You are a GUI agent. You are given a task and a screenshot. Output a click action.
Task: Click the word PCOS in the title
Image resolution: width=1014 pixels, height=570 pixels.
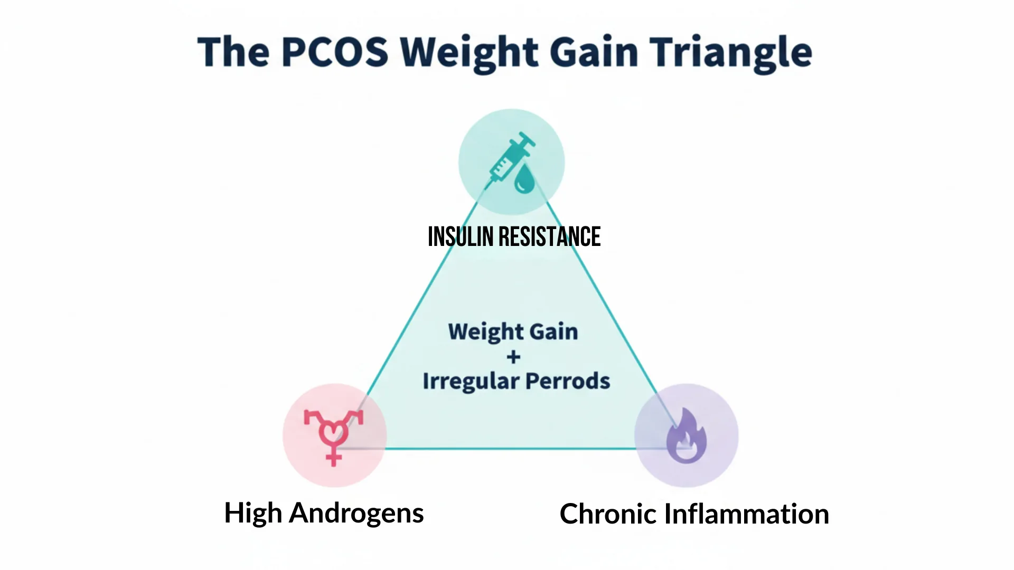pyautogui.click(x=335, y=52)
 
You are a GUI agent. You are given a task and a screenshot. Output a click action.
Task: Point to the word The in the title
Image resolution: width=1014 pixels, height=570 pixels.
pyautogui.click(x=233, y=52)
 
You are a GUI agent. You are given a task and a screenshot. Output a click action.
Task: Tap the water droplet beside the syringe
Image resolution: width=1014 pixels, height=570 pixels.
pyautogui.click(x=524, y=179)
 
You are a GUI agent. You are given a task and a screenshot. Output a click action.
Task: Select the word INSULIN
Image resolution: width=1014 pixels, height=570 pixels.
pyautogui.click(x=460, y=237)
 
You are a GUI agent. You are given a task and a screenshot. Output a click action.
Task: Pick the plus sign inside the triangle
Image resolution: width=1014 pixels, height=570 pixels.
pyautogui.click(x=513, y=357)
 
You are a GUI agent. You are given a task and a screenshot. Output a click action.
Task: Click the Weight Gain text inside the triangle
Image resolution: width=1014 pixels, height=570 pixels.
pyautogui.click(x=513, y=332)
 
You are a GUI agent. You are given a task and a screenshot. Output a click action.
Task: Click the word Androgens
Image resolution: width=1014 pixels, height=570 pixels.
pyautogui.click(x=356, y=513)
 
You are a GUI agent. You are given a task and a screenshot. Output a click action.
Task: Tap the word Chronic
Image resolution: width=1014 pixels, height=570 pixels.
pyautogui.click(x=607, y=514)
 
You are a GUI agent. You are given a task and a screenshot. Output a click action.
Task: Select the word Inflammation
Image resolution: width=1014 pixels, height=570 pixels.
pyautogui.click(x=746, y=514)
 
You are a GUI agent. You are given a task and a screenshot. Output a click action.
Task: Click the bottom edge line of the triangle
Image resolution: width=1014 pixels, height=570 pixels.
pyautogui.click(x=510, y=449)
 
